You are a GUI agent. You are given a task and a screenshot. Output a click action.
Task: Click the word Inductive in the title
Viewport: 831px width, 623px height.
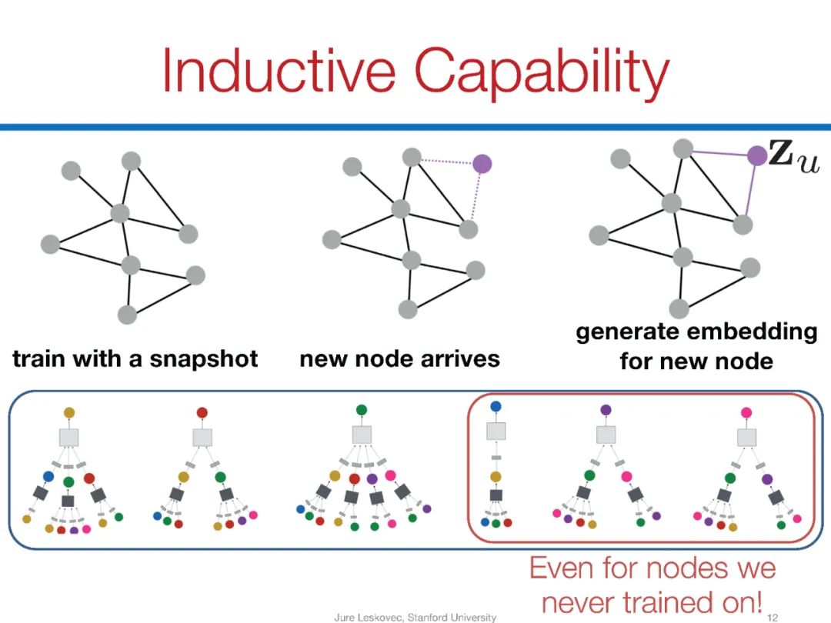point(281,71)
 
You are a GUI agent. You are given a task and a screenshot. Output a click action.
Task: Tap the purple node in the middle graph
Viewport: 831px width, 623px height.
point(482,163)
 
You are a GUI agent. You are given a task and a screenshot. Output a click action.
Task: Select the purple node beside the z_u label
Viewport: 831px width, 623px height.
point(757,156)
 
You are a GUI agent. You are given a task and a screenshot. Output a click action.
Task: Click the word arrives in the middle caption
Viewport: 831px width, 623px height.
point(464,358)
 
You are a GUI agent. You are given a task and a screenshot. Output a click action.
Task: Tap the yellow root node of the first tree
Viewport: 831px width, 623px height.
point(69,413)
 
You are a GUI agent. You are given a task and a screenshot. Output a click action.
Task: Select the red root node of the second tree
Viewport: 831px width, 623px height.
point(202,413)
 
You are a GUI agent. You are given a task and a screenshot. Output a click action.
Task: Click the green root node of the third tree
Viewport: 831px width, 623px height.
point(362,411)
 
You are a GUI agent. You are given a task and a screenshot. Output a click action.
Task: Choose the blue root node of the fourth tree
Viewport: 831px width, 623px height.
point(496,406)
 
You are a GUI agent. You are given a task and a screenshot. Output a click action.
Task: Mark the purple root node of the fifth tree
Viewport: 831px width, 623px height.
point(606,411)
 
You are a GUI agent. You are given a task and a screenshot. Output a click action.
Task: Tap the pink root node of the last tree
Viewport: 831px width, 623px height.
point(746,413)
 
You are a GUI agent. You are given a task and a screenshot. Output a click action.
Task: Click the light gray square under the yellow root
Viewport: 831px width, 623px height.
point(69,437)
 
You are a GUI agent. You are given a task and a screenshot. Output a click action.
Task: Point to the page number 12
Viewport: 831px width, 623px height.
point(773,616)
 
